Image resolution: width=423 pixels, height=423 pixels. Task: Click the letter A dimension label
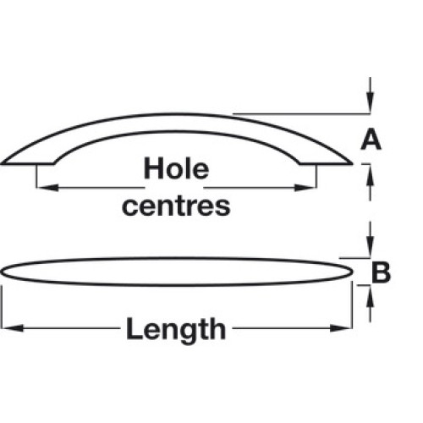(x=371, y=139)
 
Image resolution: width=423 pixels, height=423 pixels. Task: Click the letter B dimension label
(x=381, y=272)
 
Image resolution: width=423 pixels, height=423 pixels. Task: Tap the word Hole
(x=176, y=168)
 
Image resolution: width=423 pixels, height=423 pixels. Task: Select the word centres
(x=176, y=206)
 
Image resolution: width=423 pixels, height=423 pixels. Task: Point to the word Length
(x=176, y=329)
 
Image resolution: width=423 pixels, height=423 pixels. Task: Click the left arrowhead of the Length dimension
(x=13, y=328)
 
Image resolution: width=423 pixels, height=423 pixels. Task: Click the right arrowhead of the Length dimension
(x=341, y=328)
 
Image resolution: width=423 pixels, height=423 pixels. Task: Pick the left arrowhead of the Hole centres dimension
(x=48, y=188)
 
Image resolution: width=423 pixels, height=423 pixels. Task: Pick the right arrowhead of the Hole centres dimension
(x=305, y=188)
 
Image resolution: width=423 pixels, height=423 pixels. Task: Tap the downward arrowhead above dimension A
(x=371, y=102)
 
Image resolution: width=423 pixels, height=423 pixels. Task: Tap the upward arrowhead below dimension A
(x=371, y=175)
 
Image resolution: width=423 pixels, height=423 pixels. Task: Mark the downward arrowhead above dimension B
(x=371, y=247)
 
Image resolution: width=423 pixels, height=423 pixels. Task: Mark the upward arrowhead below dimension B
(x=371, y=296)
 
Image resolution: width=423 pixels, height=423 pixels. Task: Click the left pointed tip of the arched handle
(x=2, y=163)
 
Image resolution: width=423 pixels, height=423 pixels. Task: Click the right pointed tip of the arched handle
(x=352, y=163)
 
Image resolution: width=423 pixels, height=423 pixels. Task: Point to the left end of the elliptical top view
(x=2, y=272)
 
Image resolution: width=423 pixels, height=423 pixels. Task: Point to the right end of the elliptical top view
(x=352, y=272)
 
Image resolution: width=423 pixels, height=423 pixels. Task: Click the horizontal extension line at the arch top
(x=302, y=114)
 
